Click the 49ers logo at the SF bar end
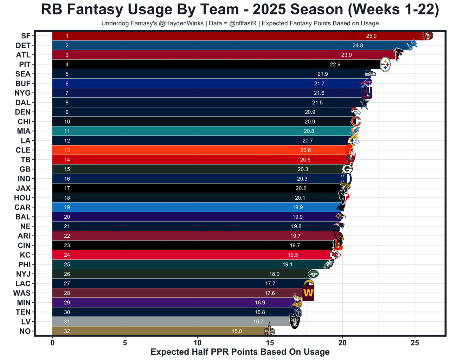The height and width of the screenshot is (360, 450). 427,36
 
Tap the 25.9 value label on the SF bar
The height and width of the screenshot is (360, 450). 371,36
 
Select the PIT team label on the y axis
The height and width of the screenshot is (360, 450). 25,64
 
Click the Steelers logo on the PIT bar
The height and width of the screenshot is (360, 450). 385,65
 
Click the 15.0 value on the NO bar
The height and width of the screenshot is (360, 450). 237,331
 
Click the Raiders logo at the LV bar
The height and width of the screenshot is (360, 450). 295,321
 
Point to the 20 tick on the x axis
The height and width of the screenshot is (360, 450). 342,343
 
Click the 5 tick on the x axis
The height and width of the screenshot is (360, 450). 125,343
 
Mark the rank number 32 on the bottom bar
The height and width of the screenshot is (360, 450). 67,331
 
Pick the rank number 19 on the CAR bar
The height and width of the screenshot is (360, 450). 67,207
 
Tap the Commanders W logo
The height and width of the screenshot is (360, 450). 308,293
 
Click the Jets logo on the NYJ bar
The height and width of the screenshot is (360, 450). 313,274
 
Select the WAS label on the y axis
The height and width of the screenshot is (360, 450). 22,293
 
